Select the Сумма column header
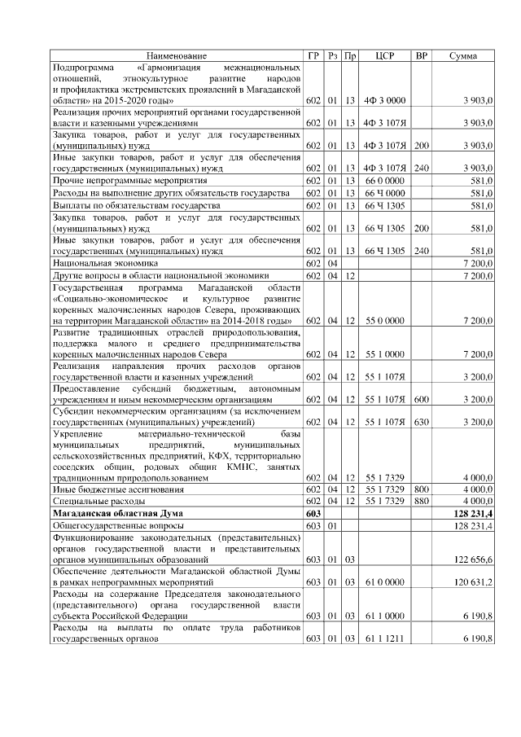(x=463, y=55)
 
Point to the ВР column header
(x=421, y=55)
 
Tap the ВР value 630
(x=421, y=423)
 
